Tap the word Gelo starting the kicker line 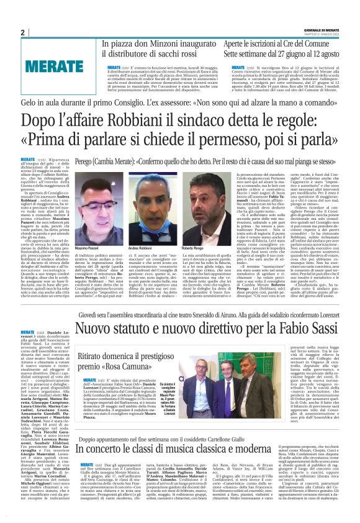30,101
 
